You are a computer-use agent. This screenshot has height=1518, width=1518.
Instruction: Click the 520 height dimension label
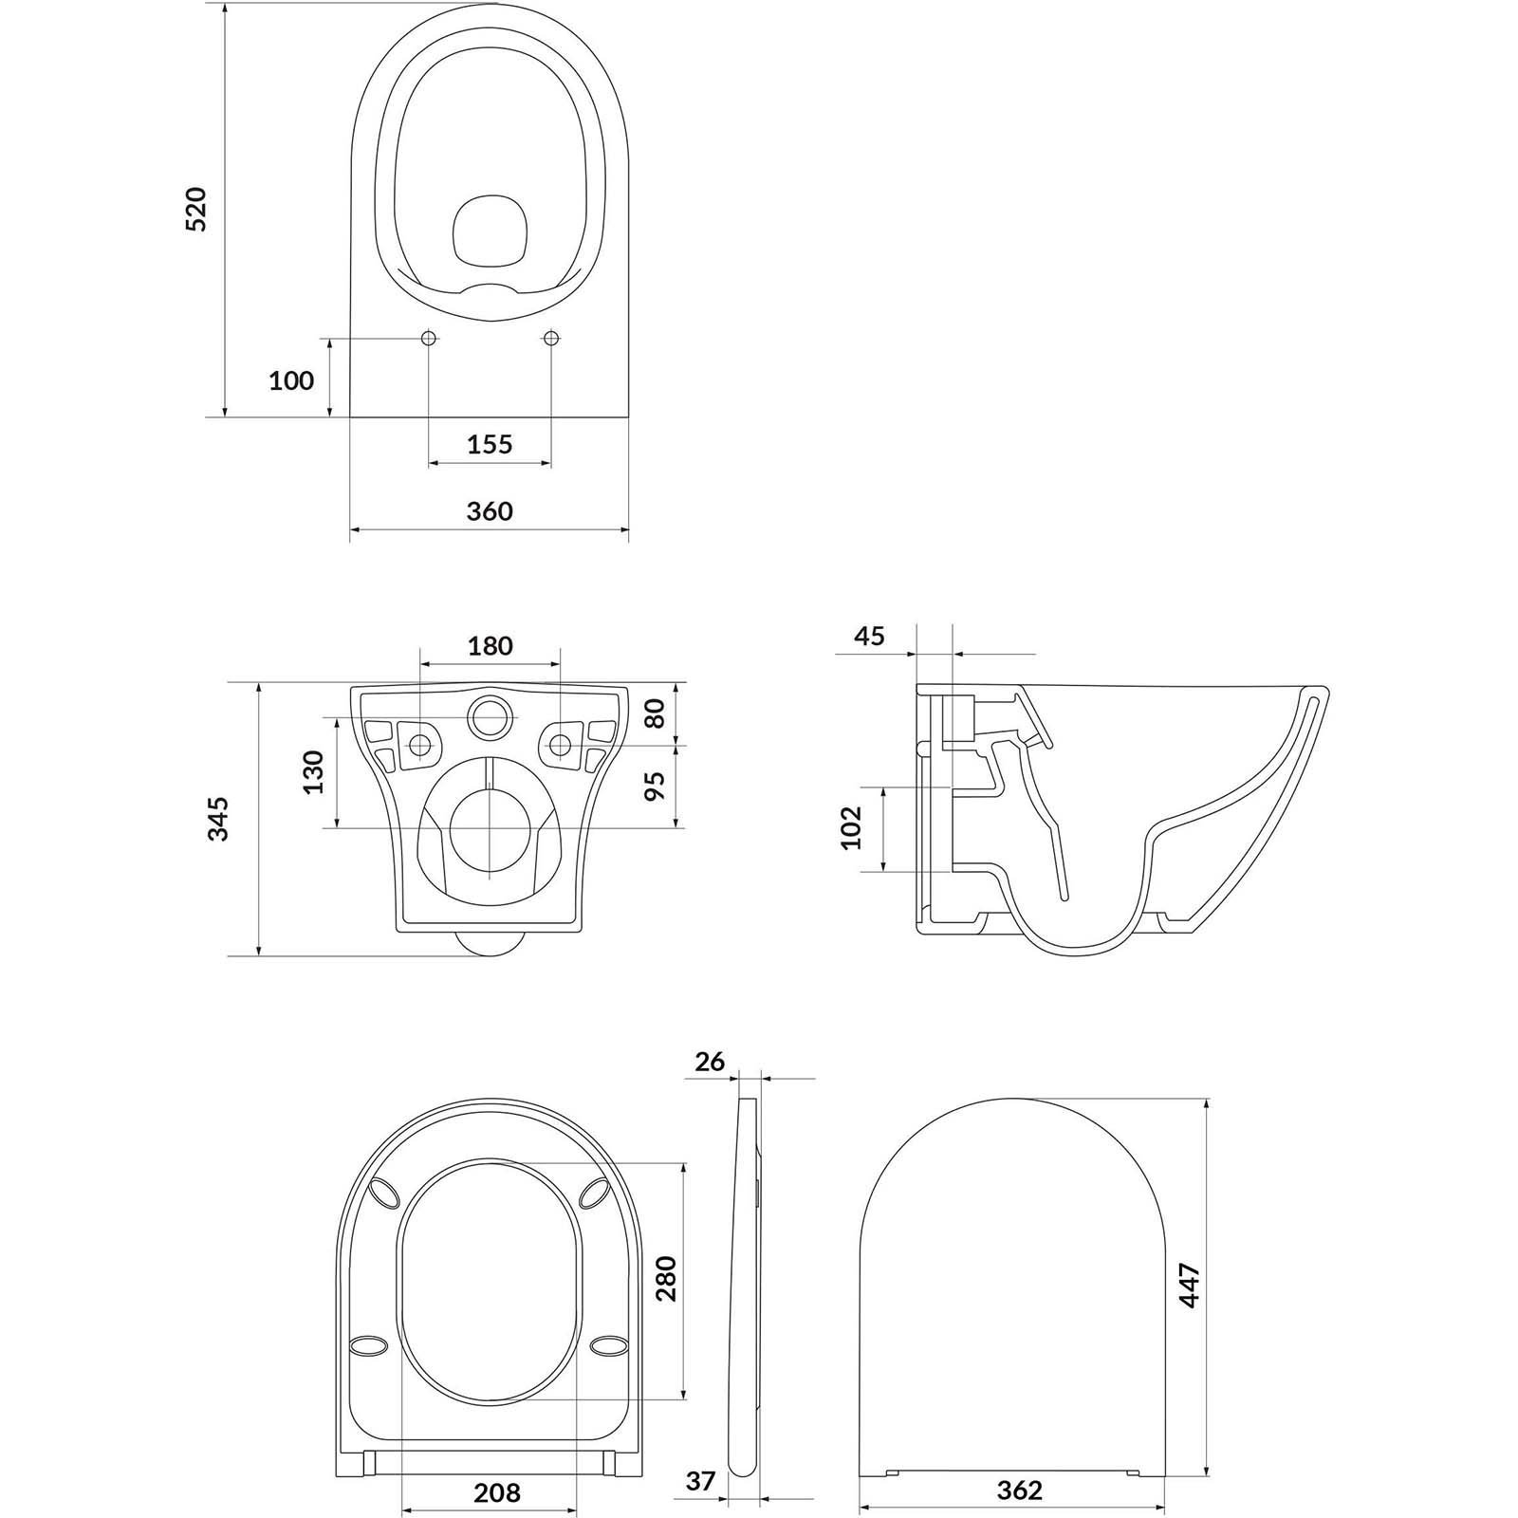coord(195,210)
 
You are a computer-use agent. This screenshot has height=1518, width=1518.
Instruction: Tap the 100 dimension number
coord(291,380)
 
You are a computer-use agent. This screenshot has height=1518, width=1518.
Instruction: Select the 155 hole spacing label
coord(490,443)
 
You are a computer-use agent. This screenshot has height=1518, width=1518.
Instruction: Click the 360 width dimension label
coord(490,510)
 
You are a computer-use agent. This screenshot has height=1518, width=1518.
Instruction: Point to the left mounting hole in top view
coord(428,339)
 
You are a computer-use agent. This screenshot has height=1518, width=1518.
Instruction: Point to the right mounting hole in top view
coord(552,339)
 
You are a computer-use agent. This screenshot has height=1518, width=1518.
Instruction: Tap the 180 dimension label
coord(490,646)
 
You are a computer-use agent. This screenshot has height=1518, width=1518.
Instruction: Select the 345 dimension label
coord(219,818)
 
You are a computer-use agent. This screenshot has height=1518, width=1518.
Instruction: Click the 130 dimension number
coord(314,771)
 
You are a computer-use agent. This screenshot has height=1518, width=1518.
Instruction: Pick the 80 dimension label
coord(655,713)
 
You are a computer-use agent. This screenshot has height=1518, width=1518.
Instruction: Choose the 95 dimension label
coord(655,786)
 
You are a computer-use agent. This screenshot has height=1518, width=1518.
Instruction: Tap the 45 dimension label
coord(869,635)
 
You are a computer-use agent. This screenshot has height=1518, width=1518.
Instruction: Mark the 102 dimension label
coord(851,827)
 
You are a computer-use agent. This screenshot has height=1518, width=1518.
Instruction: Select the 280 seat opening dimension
coord(666,1278)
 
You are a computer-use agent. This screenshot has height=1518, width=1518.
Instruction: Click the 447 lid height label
coord(1190,1287)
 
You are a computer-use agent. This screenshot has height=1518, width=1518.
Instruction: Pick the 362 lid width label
coord(1020,1490)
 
